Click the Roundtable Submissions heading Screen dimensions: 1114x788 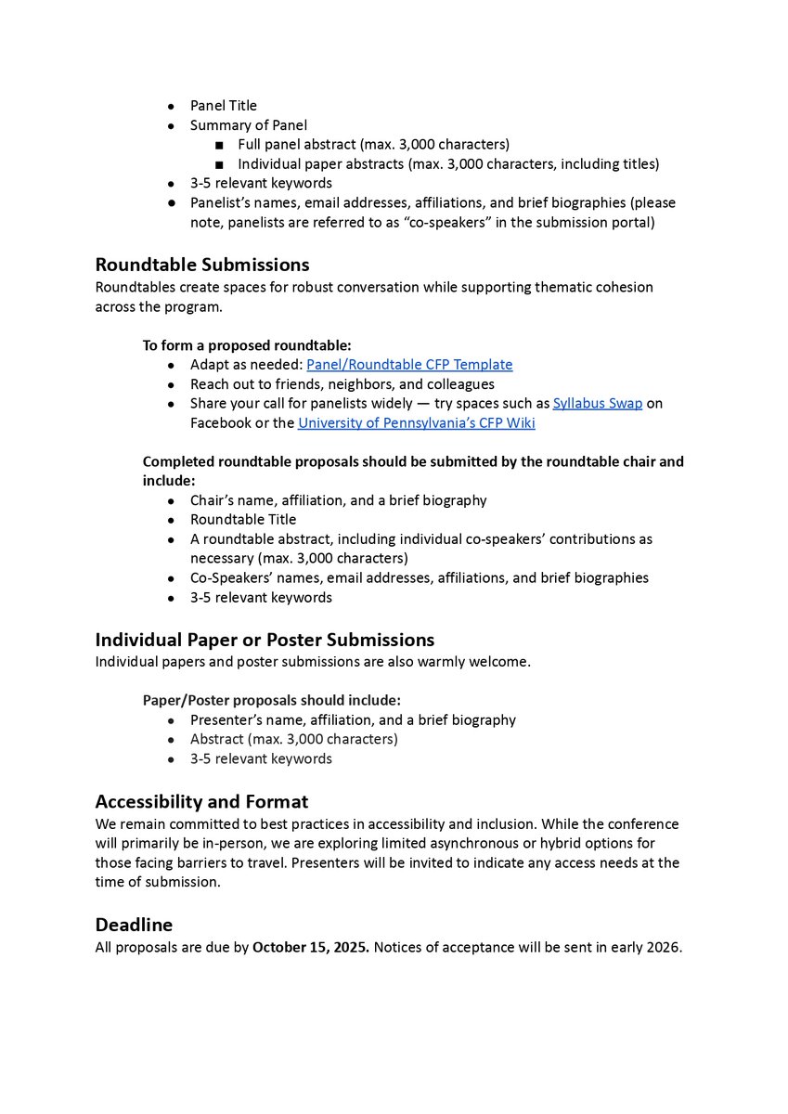pyautogui.click(x=201, y=266)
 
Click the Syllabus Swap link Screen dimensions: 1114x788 pyautogui.click(x=597, y=404)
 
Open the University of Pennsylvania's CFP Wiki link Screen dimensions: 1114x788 pyautogui.click(x=416, y=423)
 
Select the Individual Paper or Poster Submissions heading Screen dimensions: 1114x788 pyautogui.click(x=265, y=640)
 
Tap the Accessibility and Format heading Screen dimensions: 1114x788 pyautogui.click(x=201, y=801)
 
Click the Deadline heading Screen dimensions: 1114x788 pyautogui.click(x=134, y=926)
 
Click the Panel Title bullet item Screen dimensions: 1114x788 pyautogui.click(x=224, y=106)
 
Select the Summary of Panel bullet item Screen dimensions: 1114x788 pyautogui.click(x=249, y=125)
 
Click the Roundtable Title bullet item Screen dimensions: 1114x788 pyautogui.click(x=243, y=520)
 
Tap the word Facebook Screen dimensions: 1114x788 pyautogui.click(x=219, y=423)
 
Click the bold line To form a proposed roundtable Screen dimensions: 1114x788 pyautogui.click(x=247, y=345)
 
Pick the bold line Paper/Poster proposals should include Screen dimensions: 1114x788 pyautogui.click(x=271, y=700)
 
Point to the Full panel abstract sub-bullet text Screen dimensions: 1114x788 pyautogui.click(x=373, y=145)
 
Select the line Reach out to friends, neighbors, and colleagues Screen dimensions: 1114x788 pyautogui.click(x=342, y=384)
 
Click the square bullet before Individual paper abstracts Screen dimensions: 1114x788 pyautogui.click(x=218, y=164)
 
